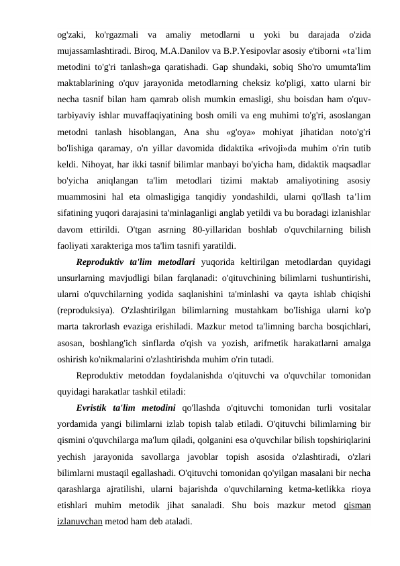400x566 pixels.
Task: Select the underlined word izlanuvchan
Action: (76, 524)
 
